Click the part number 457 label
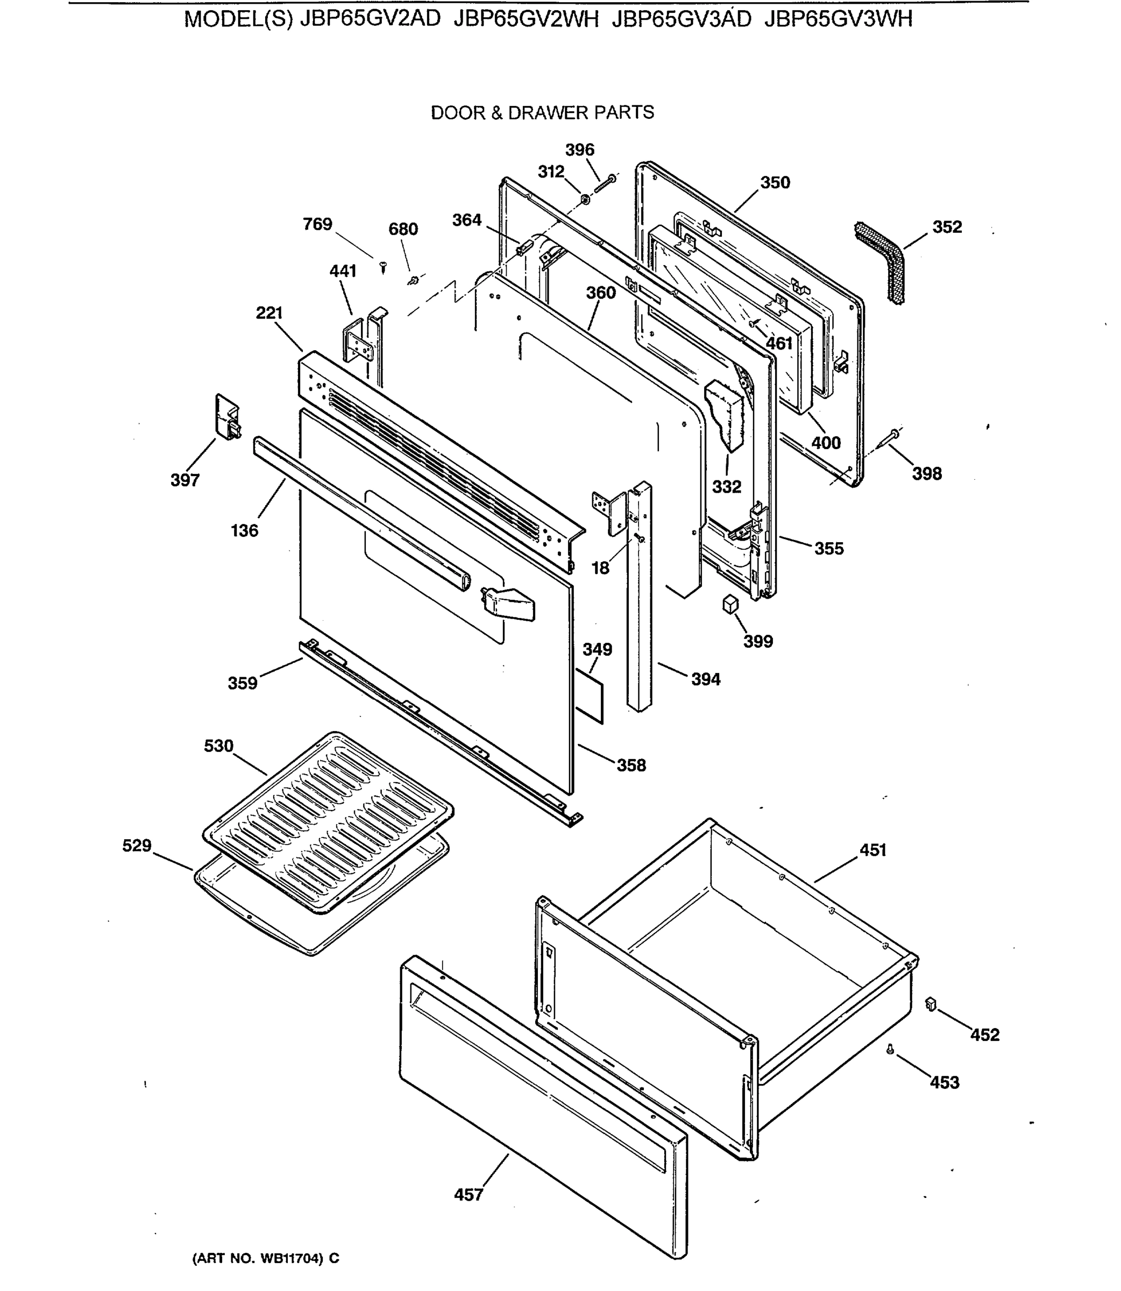coord(468,1195)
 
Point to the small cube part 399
coord(730,604)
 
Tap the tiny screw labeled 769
coord(384,268)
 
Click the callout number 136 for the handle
coord(244,530)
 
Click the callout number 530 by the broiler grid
coord(218,746)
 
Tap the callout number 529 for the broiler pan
coord(137,845)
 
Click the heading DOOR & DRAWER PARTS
coord(542,112)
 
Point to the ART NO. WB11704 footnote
coord(265,1258)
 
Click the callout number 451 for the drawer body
coord(872,849)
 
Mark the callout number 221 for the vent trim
coord(269,313)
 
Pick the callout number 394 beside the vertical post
coord(705,679)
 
